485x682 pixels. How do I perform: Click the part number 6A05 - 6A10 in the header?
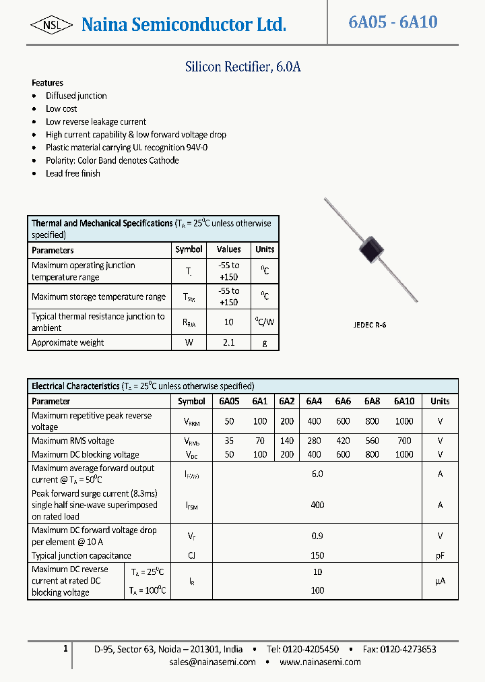point(393,22)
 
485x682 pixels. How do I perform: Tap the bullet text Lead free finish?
point(73,173)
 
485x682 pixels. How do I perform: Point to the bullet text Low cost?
point(61,108)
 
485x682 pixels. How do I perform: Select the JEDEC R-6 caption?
point(370,325)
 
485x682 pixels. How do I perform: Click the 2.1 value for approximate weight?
point(229,342)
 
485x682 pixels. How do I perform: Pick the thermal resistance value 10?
point(229,322)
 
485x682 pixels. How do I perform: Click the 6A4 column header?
point(314,401)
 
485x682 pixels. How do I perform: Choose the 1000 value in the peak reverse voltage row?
point(404,421)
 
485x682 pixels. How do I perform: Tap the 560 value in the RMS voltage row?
point(372,441)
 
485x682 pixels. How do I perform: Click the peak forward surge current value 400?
point(317,505)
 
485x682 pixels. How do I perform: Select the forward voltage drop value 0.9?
point(317,536)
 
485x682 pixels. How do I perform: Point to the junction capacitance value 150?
point(317,556)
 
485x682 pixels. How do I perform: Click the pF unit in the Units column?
point(440,556)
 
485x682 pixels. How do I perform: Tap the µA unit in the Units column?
point(440,581)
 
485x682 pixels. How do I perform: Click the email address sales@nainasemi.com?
point(213,662)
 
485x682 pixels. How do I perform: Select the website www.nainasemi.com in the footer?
point(320,662)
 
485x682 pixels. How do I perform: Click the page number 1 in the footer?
point(65,648)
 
